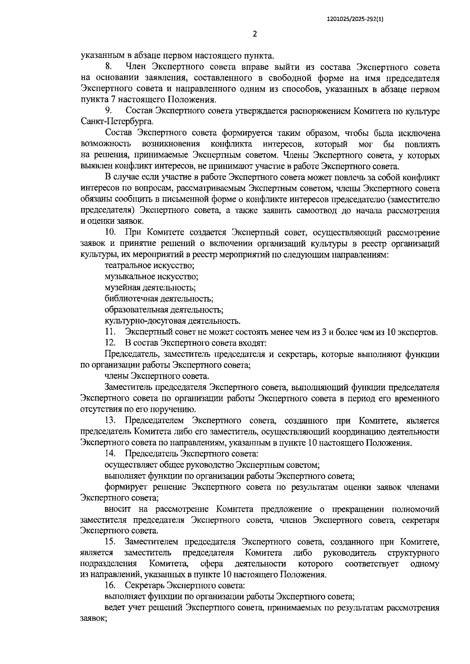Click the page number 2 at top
(255, 34)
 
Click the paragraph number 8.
(109, 67)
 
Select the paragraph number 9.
(109, 111)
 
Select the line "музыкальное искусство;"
(151, 277)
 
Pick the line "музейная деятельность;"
(150, 288)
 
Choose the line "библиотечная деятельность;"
(159, 299)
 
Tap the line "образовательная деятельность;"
(164, 310)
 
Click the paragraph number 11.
(110, 332)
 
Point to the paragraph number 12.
(110, 343)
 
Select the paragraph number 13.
(110, 421)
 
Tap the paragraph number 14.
(110, 454)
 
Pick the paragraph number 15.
(110, 542)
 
